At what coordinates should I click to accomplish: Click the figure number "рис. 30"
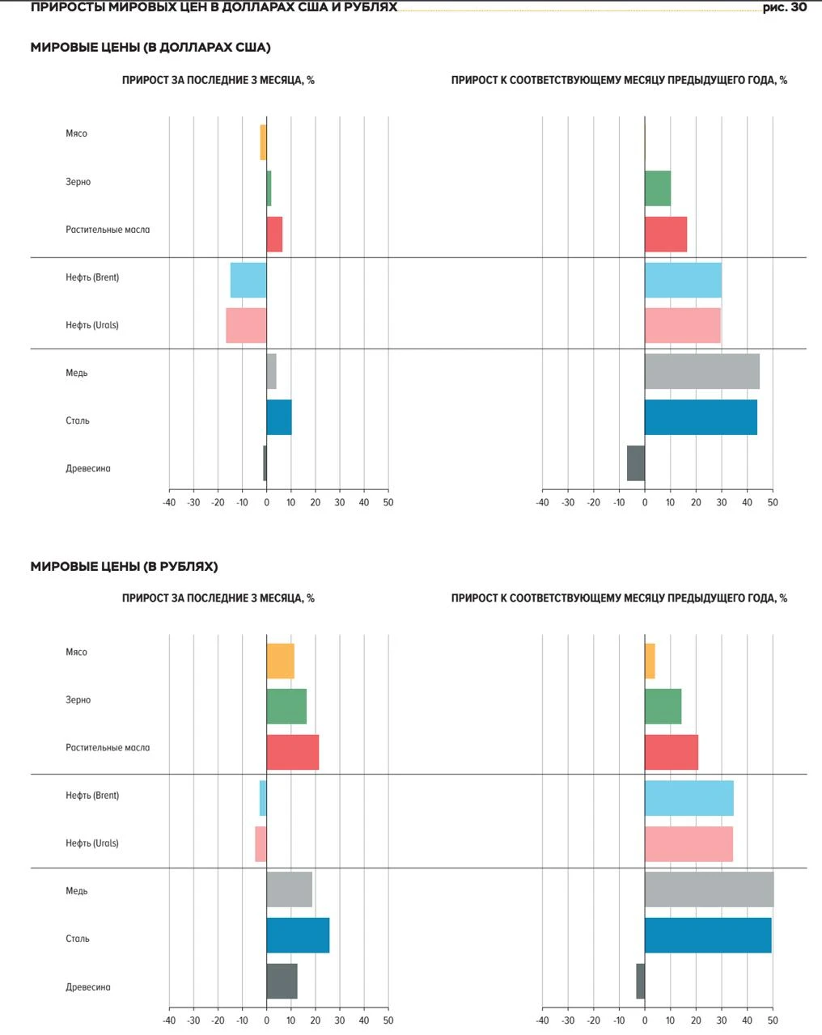click(x=785, y=7)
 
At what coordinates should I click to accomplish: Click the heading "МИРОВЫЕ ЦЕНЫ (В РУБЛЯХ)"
click(x=124, y=567)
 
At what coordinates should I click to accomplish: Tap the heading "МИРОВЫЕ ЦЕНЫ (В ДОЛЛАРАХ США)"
click(x=150, y=48)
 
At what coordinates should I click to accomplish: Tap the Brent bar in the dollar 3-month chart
click(x=248, y=280)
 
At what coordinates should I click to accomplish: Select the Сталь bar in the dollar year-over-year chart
click(x=701, y=417)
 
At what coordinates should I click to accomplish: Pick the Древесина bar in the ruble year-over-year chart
click(x=641, y=981)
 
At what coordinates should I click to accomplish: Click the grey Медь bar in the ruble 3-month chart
click(x=290, y=889)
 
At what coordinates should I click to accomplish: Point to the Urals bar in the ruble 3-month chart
click(x=261, y=844)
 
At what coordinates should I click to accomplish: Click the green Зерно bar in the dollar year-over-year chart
click(x=658, y=188)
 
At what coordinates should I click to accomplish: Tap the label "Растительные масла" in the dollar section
click(x=108, y=230)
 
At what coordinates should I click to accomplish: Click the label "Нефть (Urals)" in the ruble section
click(x=92, y=843)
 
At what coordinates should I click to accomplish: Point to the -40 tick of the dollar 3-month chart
click(x=169, y=503)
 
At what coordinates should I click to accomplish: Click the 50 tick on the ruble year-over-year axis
click(x=773, y=1020)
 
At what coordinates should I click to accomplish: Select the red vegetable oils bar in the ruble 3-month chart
click(x=293, y=752)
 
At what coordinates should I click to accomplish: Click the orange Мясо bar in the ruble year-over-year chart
click(x=650, y=661)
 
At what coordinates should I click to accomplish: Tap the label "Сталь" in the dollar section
click(x=78, y=420)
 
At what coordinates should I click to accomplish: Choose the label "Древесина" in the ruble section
click(x=88, y=987)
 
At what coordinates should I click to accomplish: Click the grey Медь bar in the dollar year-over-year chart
click(x=702, y=371)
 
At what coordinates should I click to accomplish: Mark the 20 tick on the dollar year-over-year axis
click(x=696, y=503)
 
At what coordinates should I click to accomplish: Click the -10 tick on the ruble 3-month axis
click(x=242, y=1020)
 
